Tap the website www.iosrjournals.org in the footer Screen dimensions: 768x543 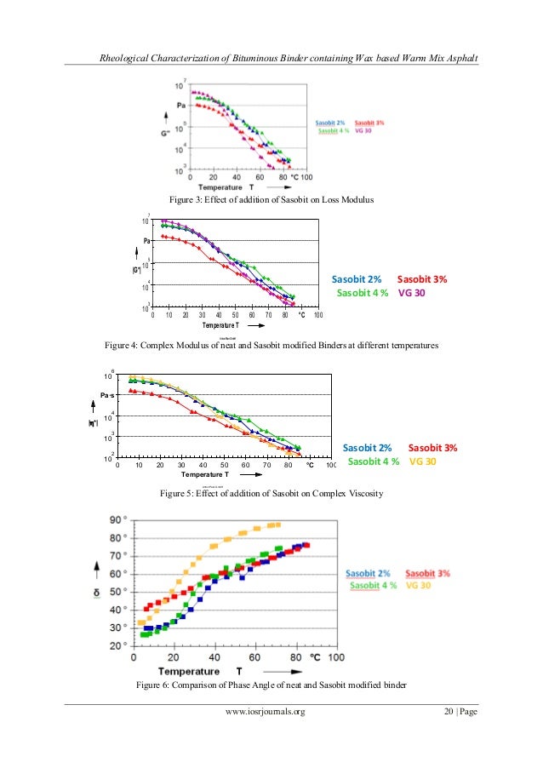[x=265, y=735]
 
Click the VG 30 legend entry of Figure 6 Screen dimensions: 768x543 [x=422, y=586]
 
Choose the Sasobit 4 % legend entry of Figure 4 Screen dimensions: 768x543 [x=363, y=293]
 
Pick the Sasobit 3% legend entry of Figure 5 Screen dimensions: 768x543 [x=432, y=447]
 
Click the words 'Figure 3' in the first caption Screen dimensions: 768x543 [x=189, y=198]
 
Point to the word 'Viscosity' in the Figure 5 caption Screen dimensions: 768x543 [x=361, y=493]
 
